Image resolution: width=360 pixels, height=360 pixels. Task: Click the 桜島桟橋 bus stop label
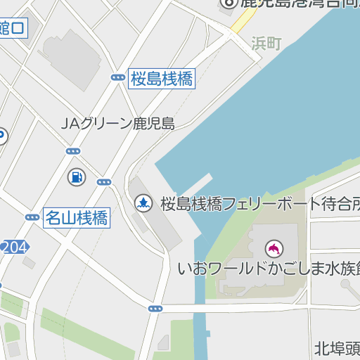(162, 79)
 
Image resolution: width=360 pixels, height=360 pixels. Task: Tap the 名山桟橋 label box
(77, 217)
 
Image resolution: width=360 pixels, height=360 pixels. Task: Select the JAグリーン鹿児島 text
(117, 124)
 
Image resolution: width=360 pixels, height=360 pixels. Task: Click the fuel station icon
(75, 177)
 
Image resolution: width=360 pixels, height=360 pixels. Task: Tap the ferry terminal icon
(143, 204)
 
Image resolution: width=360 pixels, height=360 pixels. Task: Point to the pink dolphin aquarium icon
(273, 248)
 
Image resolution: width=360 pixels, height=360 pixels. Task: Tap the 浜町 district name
(266, 44)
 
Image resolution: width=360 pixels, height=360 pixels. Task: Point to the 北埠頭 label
(337, 347)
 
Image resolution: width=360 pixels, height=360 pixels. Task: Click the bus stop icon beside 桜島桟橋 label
(117, 78)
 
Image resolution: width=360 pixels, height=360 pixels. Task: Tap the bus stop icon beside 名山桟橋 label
(32, 217)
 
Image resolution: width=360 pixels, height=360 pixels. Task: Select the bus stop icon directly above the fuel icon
(73, 151)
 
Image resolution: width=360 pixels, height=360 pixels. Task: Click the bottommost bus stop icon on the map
(155, 308)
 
